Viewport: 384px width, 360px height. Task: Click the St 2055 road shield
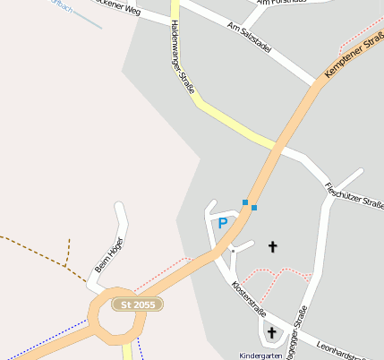(x=137, y=305)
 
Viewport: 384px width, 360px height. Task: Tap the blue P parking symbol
(x=222, y=224)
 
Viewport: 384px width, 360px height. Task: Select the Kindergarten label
(x=260, y=356)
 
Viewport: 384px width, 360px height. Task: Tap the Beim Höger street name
(x=109, y=254)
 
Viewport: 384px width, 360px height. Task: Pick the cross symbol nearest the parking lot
(x=273, y=246)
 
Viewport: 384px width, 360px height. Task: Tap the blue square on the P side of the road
(x=244, y=202)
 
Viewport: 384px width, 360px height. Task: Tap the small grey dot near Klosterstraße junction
(x=233, y=251)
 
